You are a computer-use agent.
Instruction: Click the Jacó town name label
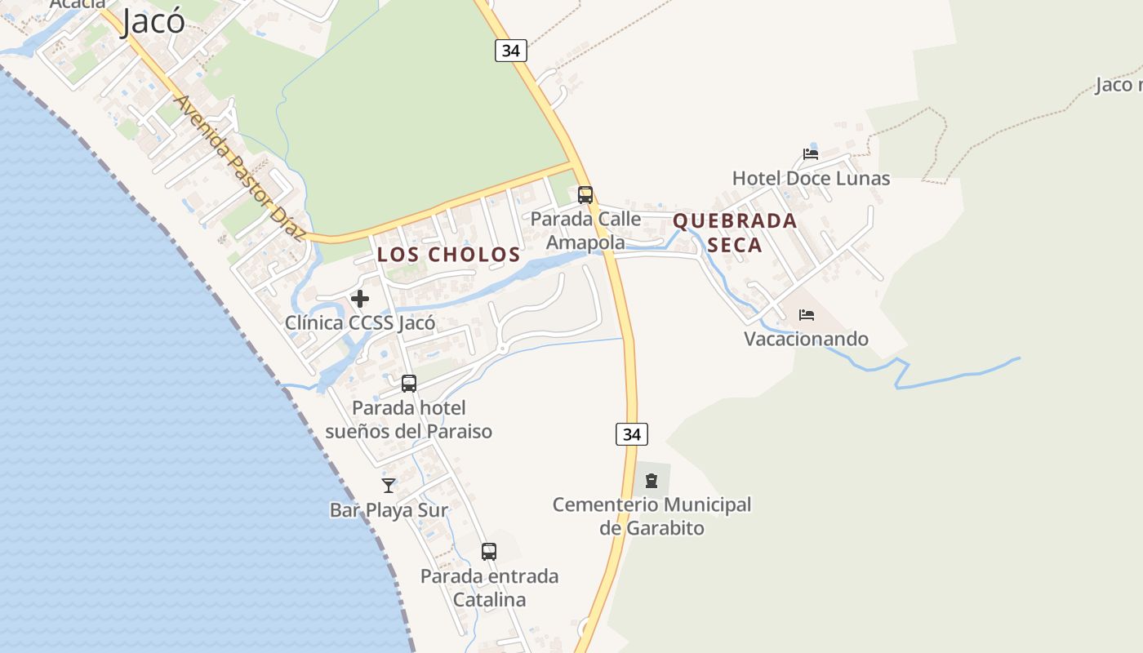[x=153, y=21]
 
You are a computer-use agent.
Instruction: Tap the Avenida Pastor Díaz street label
[x=239, y=168]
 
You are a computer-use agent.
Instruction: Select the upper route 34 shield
[x=510, y=51]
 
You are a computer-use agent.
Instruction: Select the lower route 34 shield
[x=631, y=434]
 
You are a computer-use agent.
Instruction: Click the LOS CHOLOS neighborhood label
[x=448, y=255]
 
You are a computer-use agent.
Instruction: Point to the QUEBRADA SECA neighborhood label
[x=735, y=233]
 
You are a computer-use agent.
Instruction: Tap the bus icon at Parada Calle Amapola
[x=585, y=195]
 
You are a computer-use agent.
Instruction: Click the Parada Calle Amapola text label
[x=585, y=230]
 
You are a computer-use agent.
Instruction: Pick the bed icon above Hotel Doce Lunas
[x=811, y=153]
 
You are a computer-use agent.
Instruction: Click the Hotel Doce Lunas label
[x=811, y=178]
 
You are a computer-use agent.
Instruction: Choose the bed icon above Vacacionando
[x=807, y=314]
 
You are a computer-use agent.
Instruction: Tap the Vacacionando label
[x=806, y=339]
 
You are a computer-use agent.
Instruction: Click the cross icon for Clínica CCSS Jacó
[x=360, y=299]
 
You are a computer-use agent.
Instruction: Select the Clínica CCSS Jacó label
[x=360, y=322]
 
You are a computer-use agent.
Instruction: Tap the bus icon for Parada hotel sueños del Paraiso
[x=409, y=383]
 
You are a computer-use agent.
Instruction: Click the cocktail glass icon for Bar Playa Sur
[x=389, y=486]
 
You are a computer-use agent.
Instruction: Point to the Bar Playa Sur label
[x=389, y=510]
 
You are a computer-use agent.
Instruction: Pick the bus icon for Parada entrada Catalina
[x=489, y=552]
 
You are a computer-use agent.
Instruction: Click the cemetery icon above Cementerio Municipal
[x=652, y=481]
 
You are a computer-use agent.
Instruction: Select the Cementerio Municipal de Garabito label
[x=652, y=516]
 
